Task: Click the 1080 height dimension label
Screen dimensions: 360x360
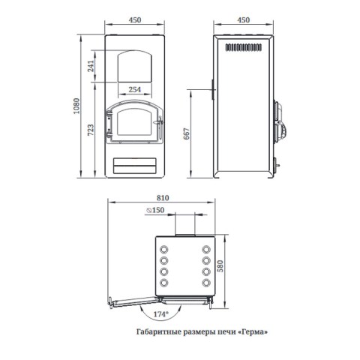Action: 76,106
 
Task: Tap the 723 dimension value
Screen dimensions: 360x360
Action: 91,130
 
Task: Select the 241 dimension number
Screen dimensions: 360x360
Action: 91,66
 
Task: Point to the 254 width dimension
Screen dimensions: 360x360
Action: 135,89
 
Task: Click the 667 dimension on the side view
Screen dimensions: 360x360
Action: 187,133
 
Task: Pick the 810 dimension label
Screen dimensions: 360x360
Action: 163,198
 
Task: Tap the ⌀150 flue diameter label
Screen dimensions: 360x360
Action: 155,210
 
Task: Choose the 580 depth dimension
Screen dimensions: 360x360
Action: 220,266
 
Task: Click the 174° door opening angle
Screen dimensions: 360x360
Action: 160,314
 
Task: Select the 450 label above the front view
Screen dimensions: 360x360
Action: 135,19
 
